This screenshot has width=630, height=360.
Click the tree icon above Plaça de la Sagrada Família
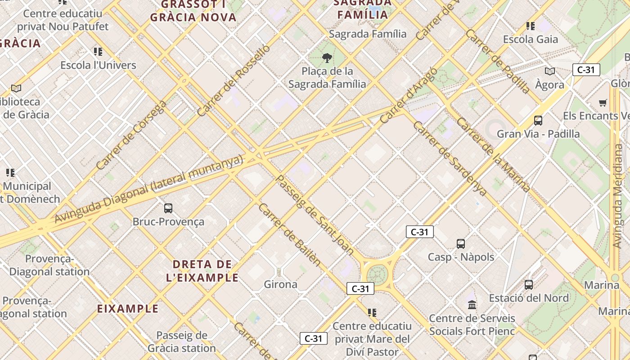[x=327, y=58]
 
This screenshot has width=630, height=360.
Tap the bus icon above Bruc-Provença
[x=168, y=208]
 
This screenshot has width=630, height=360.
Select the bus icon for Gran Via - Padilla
[x=538, y=121]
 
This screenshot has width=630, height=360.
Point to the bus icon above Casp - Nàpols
[x=461, y=244]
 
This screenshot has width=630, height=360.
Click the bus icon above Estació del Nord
[x=529, y=285]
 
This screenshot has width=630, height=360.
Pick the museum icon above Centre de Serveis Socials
[x=472, y=305]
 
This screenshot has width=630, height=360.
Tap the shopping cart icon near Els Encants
[x=603, y=103]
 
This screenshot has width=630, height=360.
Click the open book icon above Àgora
[x=550, y=71]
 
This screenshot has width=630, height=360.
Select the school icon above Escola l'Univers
[x=98, y=52]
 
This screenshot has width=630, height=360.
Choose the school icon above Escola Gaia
[x=531, y=26]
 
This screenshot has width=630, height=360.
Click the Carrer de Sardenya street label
[x=450, y=158]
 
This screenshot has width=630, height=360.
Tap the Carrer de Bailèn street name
[x=289, y=234]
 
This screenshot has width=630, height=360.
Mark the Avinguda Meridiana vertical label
[x=618, y=196]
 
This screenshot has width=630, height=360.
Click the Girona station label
[x=280, y=284]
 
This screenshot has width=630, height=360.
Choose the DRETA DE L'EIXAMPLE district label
[x=202, y=271]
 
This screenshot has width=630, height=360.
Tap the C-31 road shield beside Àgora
[x=586, y=70]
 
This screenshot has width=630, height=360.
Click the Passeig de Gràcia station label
[x=182, y=342]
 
